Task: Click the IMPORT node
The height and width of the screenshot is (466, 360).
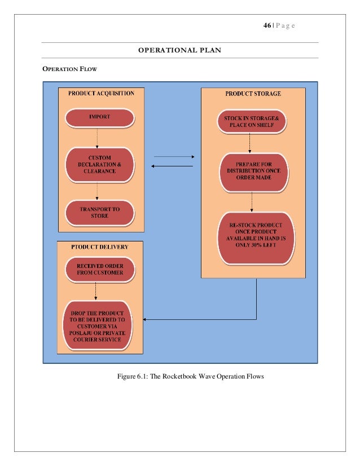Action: click(99, 118)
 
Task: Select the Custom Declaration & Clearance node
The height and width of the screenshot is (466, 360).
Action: click(99, 165)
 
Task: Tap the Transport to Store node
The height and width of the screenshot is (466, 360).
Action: click(99, 213)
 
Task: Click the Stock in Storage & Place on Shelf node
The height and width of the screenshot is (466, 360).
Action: click(252, 121)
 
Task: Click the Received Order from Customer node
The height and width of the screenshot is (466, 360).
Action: click(100, 269)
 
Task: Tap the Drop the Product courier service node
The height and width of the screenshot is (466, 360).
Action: click(97, 326)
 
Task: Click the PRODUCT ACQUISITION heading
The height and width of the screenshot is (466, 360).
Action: click(101, 93)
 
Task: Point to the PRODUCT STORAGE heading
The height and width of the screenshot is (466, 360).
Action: click(253, 94)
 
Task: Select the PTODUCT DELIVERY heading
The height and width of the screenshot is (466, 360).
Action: click(99, 247)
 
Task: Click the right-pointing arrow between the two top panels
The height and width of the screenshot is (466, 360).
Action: click(174, 157)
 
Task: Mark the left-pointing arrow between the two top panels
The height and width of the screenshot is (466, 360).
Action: click(172, 166)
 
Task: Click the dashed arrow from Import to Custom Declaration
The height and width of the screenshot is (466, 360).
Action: click(97, 138)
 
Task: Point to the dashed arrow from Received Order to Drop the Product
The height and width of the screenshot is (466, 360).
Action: click(95, 291)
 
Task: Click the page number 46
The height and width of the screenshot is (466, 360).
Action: click(267, 25)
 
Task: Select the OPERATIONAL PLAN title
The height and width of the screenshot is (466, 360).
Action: click(179, 50)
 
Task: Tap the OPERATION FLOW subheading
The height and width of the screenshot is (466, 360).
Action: click(70, 69)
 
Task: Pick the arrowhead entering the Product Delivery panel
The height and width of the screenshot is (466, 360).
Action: click(144, 319)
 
